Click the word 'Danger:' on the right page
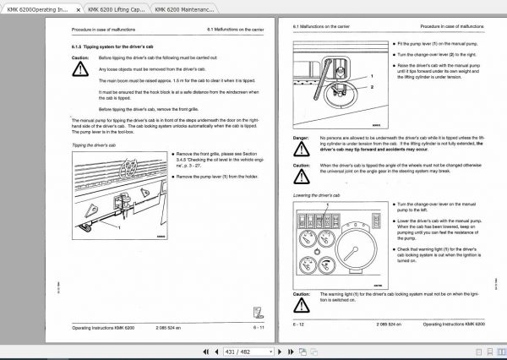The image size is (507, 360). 300,137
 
